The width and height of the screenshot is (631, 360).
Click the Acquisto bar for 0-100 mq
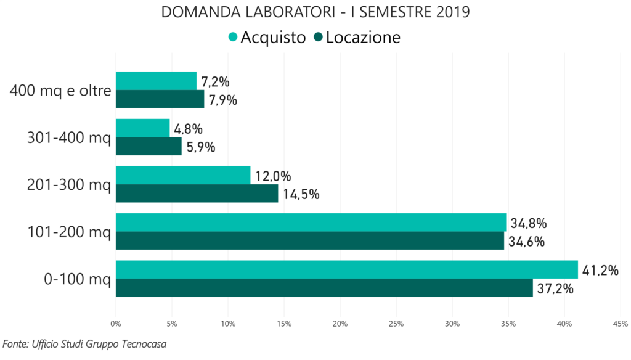[346, 269]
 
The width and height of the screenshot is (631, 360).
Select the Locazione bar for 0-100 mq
[324, 288]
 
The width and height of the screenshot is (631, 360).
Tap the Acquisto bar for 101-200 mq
[311, 222]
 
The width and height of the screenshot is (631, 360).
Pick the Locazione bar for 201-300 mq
[197, 194]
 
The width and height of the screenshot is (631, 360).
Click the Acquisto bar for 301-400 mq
[142, 128]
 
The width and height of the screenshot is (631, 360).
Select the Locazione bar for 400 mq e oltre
[160, 99]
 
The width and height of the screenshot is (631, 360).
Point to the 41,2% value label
[601, 270]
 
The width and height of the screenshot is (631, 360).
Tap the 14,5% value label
[301, 195]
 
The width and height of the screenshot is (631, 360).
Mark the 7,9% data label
[222, 100]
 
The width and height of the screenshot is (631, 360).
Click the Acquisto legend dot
[232, 38]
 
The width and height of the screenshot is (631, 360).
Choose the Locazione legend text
[363, 38]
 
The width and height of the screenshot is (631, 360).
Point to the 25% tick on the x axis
[396, 323]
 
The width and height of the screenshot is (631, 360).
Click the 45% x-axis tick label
[621, 323]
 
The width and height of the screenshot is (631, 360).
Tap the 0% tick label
[116, 323]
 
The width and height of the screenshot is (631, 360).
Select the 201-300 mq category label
[69, 185]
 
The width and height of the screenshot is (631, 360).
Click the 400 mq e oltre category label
[60, 91]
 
